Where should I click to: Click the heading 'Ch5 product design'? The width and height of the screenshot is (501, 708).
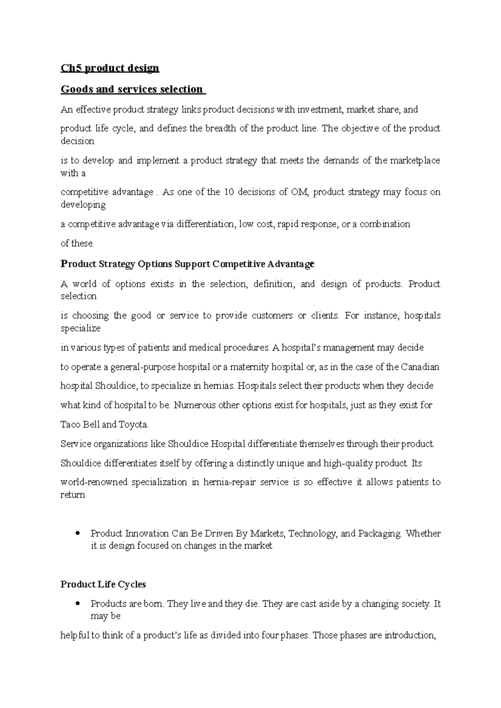[110, 68]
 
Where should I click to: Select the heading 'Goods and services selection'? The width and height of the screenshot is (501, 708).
[132, 89]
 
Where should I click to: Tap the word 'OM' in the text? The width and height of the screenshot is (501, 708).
[300, 192]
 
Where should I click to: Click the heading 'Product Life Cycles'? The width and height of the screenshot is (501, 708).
[103, 584]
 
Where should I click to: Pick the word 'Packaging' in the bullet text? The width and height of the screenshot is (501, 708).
[380, 533]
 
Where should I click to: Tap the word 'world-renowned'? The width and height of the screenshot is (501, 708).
[94, 482]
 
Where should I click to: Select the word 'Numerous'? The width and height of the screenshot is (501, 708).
[192, 405]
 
